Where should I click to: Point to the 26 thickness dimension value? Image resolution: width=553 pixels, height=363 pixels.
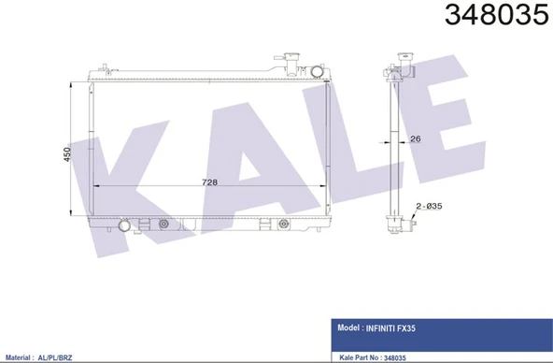(x=416, y=139)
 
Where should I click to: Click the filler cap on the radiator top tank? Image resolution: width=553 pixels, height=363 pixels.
(x=292, y=61)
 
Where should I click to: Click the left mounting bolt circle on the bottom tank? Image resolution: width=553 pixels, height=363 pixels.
(x=165, y=224)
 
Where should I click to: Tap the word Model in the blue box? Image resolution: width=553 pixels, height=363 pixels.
(x=347, y=328)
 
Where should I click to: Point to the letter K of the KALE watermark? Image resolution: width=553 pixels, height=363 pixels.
(x=131, y=173)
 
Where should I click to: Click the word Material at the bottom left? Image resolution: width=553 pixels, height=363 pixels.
(x=22, y=357)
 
